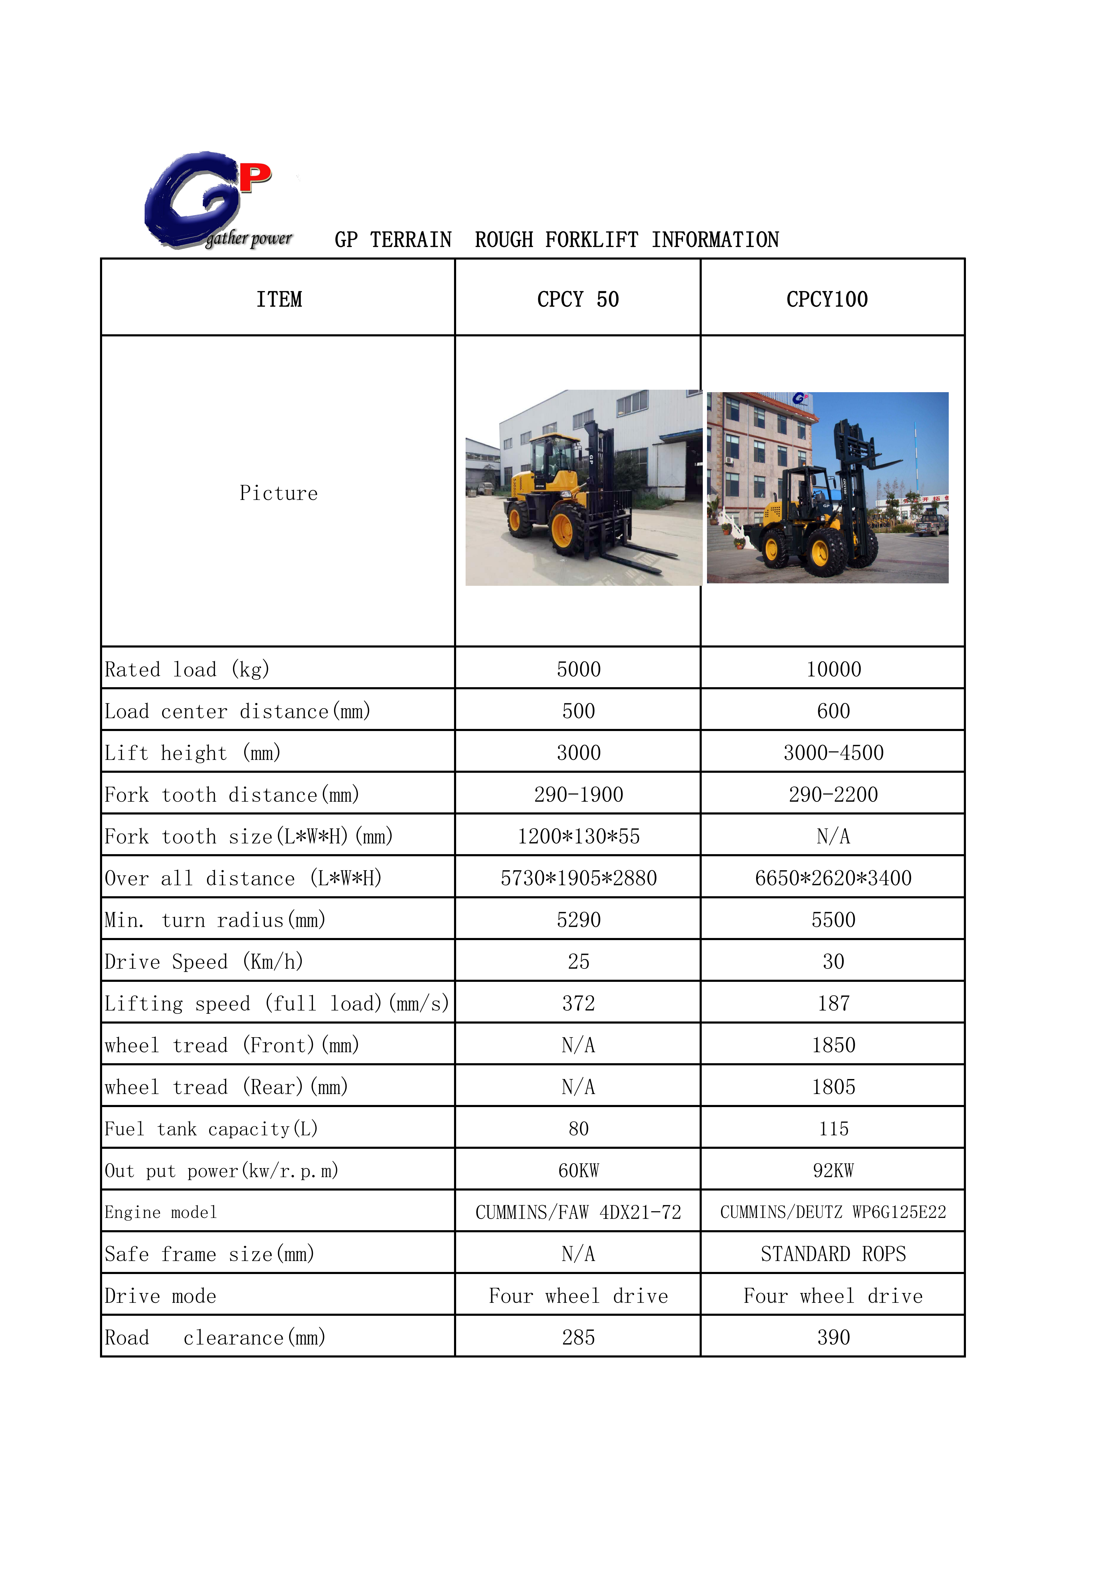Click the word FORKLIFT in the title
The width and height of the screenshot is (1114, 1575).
591,240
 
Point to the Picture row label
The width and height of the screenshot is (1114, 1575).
279,493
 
